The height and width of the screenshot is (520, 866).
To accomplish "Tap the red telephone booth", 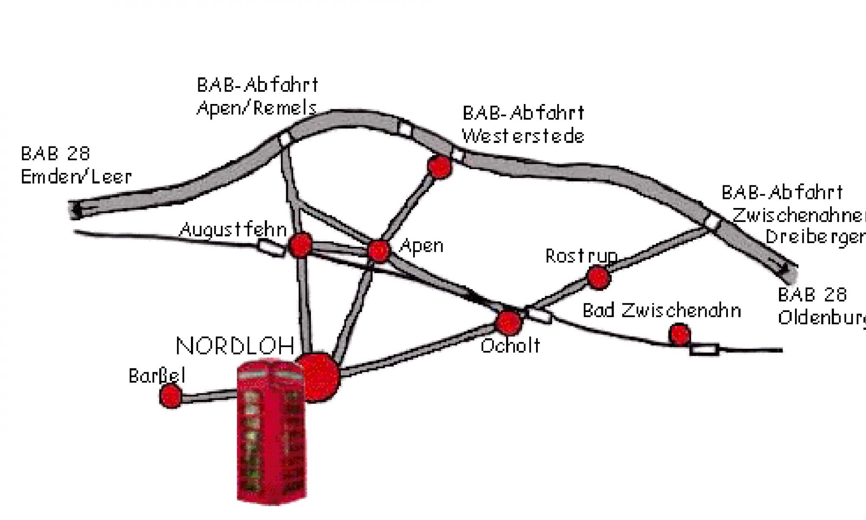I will click(x=271, y=431).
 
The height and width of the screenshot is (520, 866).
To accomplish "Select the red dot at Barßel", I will click(x=171, y=396).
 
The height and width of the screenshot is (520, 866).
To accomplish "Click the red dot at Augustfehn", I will click(x=301, y=245).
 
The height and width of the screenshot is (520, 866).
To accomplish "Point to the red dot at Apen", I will click(x=378, y=250).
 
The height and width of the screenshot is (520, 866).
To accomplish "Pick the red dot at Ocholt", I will click(x=508, y=322).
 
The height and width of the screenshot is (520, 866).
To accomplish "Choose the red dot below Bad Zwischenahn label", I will click(x=679, y=334).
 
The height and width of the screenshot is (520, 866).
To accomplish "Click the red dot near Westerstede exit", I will click(x=439, y=167).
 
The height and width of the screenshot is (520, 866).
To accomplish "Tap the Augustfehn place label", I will click(x=233, y=229).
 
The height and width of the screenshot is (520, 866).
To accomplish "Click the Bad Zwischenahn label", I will click(x=662, y=311).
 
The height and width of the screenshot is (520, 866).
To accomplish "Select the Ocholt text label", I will click(x=511, y=346).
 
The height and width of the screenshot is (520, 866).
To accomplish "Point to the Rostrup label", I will click(x=581, y=256).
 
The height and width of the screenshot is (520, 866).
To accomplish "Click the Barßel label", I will click(x=157, y=376).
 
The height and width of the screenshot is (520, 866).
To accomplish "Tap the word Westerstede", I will click(x=523, y=136).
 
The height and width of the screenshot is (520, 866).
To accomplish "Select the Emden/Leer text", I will click(x=76, y=177).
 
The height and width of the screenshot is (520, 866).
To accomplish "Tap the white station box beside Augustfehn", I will click(x=272, y=248).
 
